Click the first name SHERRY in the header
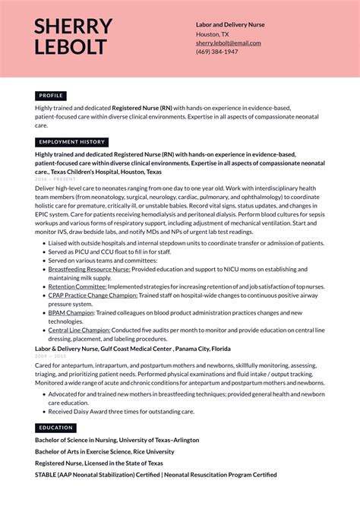click(x=73, y=27)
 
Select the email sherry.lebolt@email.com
click(x=228, y=43)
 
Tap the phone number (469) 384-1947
click(x=216, y=52)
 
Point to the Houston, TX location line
click(x=212, y=34)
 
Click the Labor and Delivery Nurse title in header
click(x=230, y=24)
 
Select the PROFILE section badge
click(x=51, y=96)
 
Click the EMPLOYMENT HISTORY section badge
click(x=72, y=142)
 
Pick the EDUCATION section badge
click(x=55, y=428)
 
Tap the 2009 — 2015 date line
click(x=50, y=356)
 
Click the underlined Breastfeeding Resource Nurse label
click(x=89, y=269)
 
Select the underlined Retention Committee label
click(x=77, y=286)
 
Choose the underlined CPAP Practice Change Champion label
click(x=93, y=296)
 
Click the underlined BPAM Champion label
click(x=71, y=313)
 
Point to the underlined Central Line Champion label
click(x=79, y=330)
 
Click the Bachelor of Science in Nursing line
click(x=117, y=440)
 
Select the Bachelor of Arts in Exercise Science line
click(x=104, y=451)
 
